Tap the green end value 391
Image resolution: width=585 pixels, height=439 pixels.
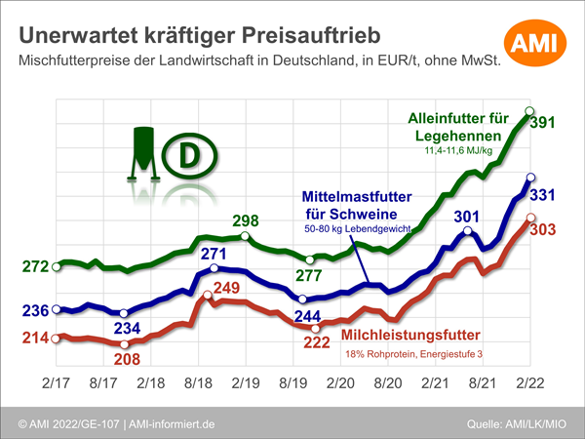(x=543, y=124)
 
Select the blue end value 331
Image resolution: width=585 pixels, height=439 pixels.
(x=543, y=195)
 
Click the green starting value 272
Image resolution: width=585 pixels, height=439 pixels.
(x=31, y=266)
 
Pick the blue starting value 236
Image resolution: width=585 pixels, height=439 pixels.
(x=31, y=311)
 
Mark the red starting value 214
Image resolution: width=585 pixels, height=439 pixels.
(x=31, y=338)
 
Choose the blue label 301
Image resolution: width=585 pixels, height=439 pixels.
(x=468, y=216)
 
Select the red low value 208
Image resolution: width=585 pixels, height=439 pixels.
(x=126, y=359)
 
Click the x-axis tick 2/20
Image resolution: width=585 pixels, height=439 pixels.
(x=337, y=383)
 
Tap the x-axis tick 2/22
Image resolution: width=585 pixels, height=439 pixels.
(x=527, y=383)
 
